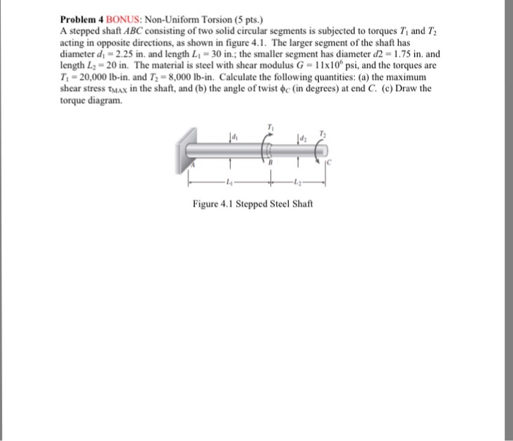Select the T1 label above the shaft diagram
point(271,127)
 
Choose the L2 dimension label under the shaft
point(295,182)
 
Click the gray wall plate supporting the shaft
point(184,149)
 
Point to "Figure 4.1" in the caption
point(210,203)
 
